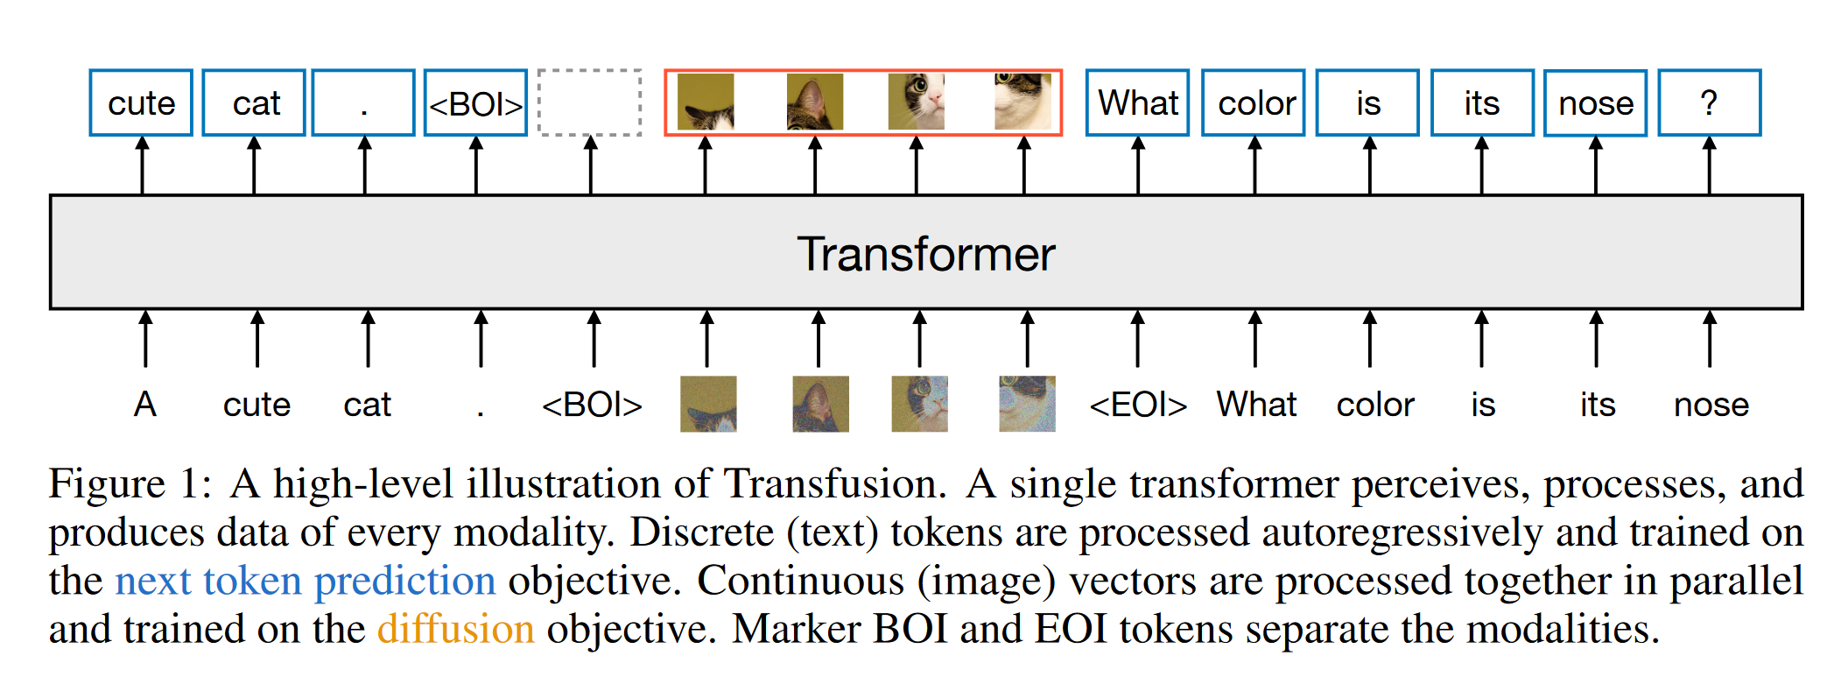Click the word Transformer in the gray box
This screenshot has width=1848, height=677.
(x=925, y=254)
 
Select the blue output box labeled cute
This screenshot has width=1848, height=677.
(x=141, y=103)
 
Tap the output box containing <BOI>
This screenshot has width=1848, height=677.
(x=475, y=103)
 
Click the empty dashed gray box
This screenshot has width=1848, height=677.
(x=589, y=103)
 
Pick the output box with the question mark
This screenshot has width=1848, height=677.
(x=1709, y=103)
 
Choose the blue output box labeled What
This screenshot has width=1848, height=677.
(x=1137, y=103)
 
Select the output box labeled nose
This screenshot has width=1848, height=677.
(x=1595, y=103)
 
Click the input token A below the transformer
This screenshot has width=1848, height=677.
(x=145, y=405)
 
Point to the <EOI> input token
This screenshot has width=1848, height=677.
(x=1137, y=405)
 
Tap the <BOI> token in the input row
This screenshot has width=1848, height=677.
(x=592, y=405)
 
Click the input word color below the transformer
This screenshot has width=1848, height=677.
(x=1374, y=405)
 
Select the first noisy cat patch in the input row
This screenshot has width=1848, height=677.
(x=708, y=404)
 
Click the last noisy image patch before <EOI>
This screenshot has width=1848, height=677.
(x=1027, y=404)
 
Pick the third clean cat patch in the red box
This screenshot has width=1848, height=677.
(x=917, y=102)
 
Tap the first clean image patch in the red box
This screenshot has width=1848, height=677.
(x=706, y=102)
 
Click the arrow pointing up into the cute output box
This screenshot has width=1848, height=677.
(x=143, y=165)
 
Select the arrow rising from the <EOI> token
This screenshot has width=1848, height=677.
(x=1137, y=338)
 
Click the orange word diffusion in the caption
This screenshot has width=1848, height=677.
(x=455, y=629)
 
